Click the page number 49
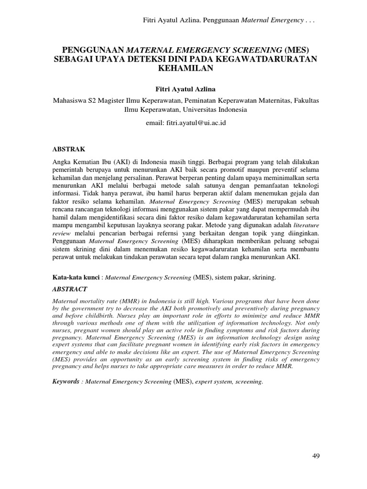point(315,456)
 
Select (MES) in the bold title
point(296,50)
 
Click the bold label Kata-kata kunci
point(74,277)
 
